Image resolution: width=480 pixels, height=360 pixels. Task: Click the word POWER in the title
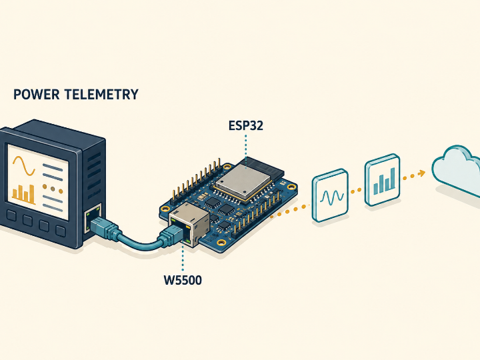click(37, 94)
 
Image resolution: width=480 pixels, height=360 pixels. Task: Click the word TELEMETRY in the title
click(101, 94)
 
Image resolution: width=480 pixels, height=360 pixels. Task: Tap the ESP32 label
click(246, 125)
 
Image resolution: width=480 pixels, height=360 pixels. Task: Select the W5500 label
click(183, 280)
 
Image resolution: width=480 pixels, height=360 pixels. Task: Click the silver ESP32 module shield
click(243, 181)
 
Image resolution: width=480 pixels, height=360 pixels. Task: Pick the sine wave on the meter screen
click(24, 165)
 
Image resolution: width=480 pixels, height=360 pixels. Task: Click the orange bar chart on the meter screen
click(23, 194)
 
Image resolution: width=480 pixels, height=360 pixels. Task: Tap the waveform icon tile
click(330, 195)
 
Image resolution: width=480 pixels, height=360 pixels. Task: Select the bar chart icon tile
click(383, 180)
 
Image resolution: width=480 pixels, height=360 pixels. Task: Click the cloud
click(457, 170)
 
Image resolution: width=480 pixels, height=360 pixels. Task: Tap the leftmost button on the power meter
click(11, 215)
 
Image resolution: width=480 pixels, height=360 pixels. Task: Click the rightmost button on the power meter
click(61, 231)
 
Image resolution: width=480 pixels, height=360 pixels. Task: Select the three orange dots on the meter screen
click(53, 189)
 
